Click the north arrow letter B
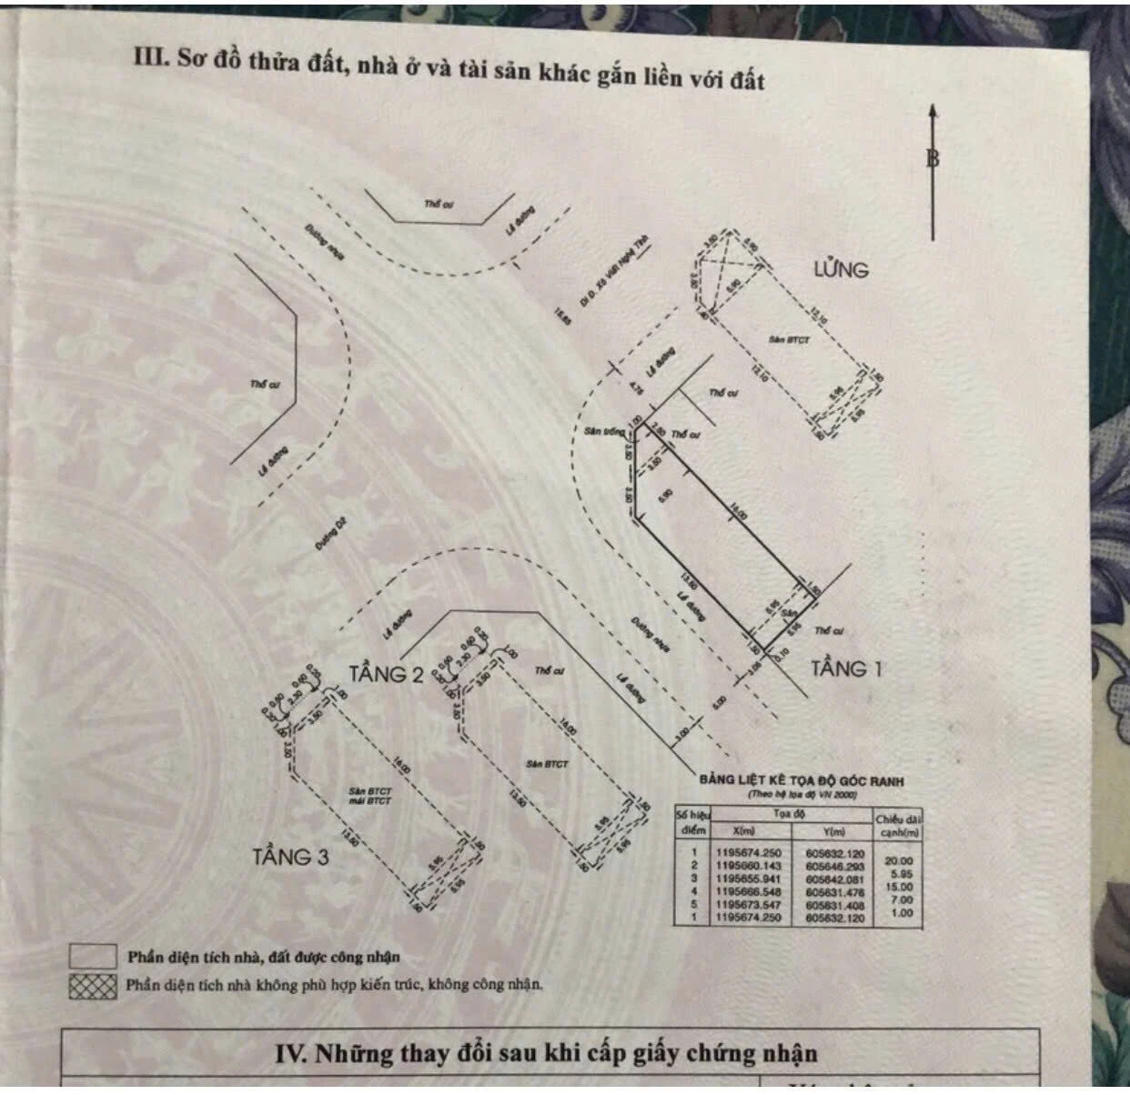(x=933, y=158)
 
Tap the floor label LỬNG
(x=841, y=269)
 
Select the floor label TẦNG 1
(x=846, y=668)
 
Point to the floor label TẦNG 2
(x=387, y=674)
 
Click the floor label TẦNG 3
(x=290, y=857)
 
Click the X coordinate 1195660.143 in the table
(x=750, y=865)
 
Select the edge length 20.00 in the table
(x=893, y=859)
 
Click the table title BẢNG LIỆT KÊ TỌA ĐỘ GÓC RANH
(x=801, y=780)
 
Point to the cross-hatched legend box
(x=93, y=986)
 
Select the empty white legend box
(x=93, y=957)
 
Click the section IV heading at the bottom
(x=546, y=1054)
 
